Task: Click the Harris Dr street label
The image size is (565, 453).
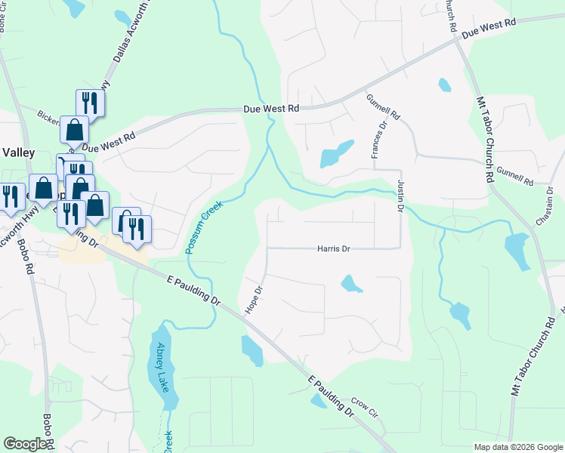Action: click(333, 248)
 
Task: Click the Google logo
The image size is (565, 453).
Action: click(24, 444)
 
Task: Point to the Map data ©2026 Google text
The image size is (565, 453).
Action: click(517, 447)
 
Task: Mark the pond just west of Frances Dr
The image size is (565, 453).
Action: click(335, 155)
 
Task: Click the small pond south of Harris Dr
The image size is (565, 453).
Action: click(350, 284)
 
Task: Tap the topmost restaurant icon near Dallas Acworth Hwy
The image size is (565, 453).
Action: click(90, 103)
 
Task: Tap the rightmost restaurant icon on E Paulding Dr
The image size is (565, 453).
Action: click(137, 229)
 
